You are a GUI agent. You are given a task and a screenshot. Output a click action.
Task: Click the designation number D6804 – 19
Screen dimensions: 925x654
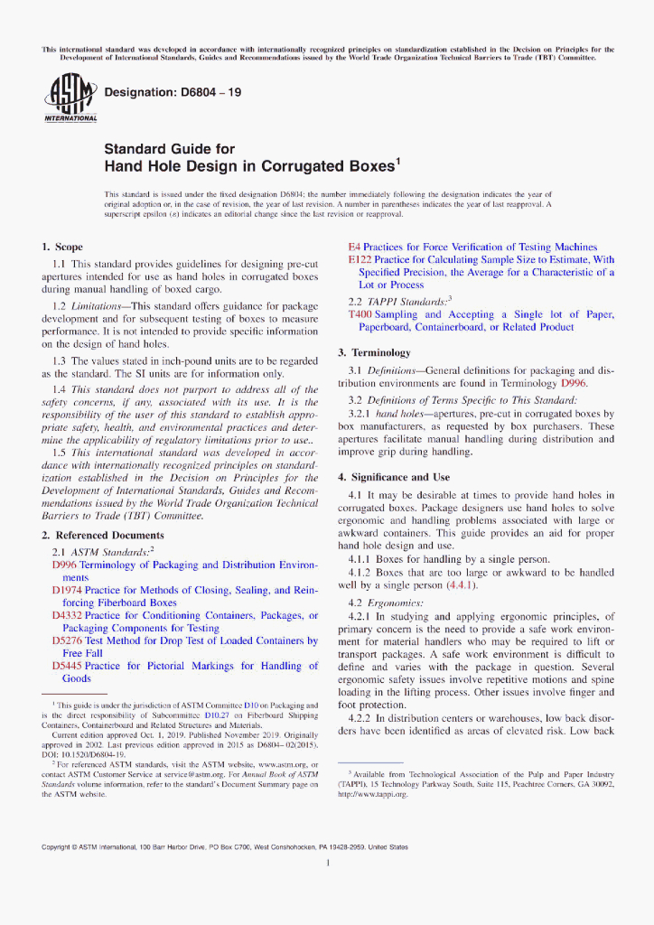click(173, 92)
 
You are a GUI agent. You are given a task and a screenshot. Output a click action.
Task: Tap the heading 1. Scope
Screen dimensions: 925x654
click(62, 247)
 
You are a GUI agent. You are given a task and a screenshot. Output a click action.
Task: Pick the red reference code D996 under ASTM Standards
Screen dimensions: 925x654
click(66, 565)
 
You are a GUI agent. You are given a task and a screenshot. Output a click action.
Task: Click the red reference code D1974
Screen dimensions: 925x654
click(68, 590)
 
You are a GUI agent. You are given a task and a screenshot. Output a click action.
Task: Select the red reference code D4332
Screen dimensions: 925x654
click(68, 615)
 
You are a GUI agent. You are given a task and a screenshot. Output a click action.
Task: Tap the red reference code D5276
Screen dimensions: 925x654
click(68, 640)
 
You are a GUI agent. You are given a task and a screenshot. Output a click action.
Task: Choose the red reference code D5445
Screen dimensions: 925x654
click(68, 666)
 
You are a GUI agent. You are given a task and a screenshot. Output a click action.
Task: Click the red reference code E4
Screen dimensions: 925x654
click(354, 247)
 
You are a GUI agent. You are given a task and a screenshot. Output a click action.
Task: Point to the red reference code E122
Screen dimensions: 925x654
click(360, 259)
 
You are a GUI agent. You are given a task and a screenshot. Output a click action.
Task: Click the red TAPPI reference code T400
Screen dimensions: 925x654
click(360, 314)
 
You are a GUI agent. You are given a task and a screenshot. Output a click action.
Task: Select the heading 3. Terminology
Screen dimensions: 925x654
click(374, 352)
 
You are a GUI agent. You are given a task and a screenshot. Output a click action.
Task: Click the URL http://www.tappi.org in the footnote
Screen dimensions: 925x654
click(373, 794)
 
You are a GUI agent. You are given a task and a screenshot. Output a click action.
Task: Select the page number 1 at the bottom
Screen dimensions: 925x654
click(327, 863)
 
